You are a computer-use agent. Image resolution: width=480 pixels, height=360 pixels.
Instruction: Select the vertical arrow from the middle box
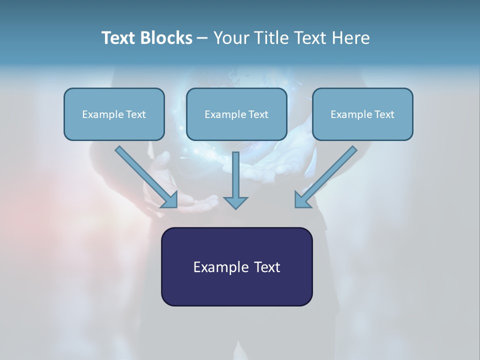tap(235, 175)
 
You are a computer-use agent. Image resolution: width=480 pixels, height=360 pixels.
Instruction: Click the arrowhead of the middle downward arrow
tap(235, 202)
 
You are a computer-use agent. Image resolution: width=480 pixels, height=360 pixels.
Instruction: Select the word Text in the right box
tap(384, 114)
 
